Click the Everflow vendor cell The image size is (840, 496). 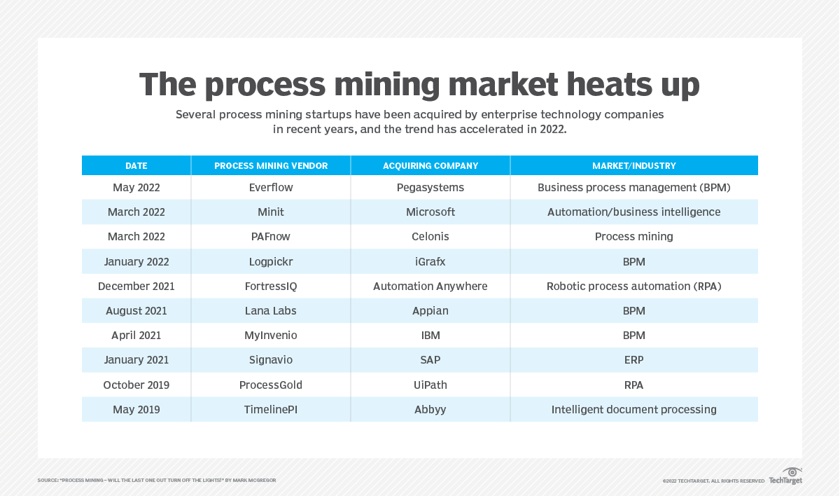pyautogui.click(x=271, y=188)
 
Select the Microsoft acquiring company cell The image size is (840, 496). pyautogui.click(x=430, y=212)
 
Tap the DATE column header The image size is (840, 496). pyautogui.click(x=136, y=166)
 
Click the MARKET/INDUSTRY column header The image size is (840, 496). pyautogui.click(x=633, y=166)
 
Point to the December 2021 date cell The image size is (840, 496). pyautogui.click(x=136, y=287)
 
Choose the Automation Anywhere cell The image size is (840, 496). pyautogui.click(x=430, y=287)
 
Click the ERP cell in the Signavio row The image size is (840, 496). pyautogui.click(x=633, y=360)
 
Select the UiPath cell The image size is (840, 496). pyautogui.click(x=430, y=385)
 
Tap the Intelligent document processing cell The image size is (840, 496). pyautogui.click(x=633, y=410)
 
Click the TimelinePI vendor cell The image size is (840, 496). pyautogui.click(x=271, y=410)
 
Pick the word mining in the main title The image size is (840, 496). pyautogui.click(x=383, y=85)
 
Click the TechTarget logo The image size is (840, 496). pyautogui.click(x=786, y=476)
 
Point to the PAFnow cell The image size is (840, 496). pyautogui.click(x=271, y=237)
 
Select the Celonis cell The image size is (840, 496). pyautogui.click(x=430, y=237)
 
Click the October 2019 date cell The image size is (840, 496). pyautogui.click(x=136, y=385)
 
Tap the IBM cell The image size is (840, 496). pyautogui.click(x=430, y=336)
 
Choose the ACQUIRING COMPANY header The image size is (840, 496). pyautogui.click(x=430, y=166)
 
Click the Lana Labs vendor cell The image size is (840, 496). pyautogui.click(x=271, y=311)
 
